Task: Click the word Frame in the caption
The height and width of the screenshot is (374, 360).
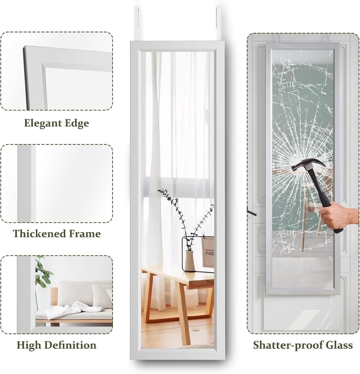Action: [86, 234]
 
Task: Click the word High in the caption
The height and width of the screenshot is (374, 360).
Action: [28, 345]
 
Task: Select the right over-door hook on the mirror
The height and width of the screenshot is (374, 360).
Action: [218, 23]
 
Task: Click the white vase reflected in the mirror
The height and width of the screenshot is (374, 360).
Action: [190, 261]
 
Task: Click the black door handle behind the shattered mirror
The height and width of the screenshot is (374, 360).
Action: [251, 213]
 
